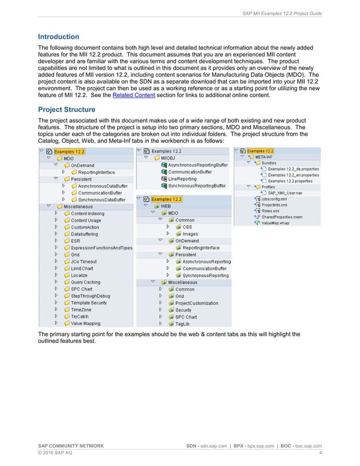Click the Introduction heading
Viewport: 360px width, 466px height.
click(x=58, y=37)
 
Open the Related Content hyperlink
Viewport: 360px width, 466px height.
click(x=131, y=96)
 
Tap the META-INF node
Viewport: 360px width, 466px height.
click(x=269, y=157)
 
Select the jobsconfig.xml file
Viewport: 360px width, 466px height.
click(x=274, y=199)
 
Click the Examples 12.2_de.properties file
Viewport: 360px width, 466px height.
click(x=293, y=169)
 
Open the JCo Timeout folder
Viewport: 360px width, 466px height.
click(x=84, y=262)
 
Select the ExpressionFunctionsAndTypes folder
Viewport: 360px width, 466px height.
click(x=102, y=248)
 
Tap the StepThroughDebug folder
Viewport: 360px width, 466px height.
click(x=90, y=296)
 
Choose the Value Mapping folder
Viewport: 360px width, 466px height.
click(x=85, y=323)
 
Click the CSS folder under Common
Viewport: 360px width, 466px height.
click(x=187, y=227)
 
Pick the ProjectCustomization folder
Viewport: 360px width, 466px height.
click(x=196, y=303)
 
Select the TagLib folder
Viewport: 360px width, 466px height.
click(x=182, y=324)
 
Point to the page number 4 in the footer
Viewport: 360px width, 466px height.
click(x=320, y=452)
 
